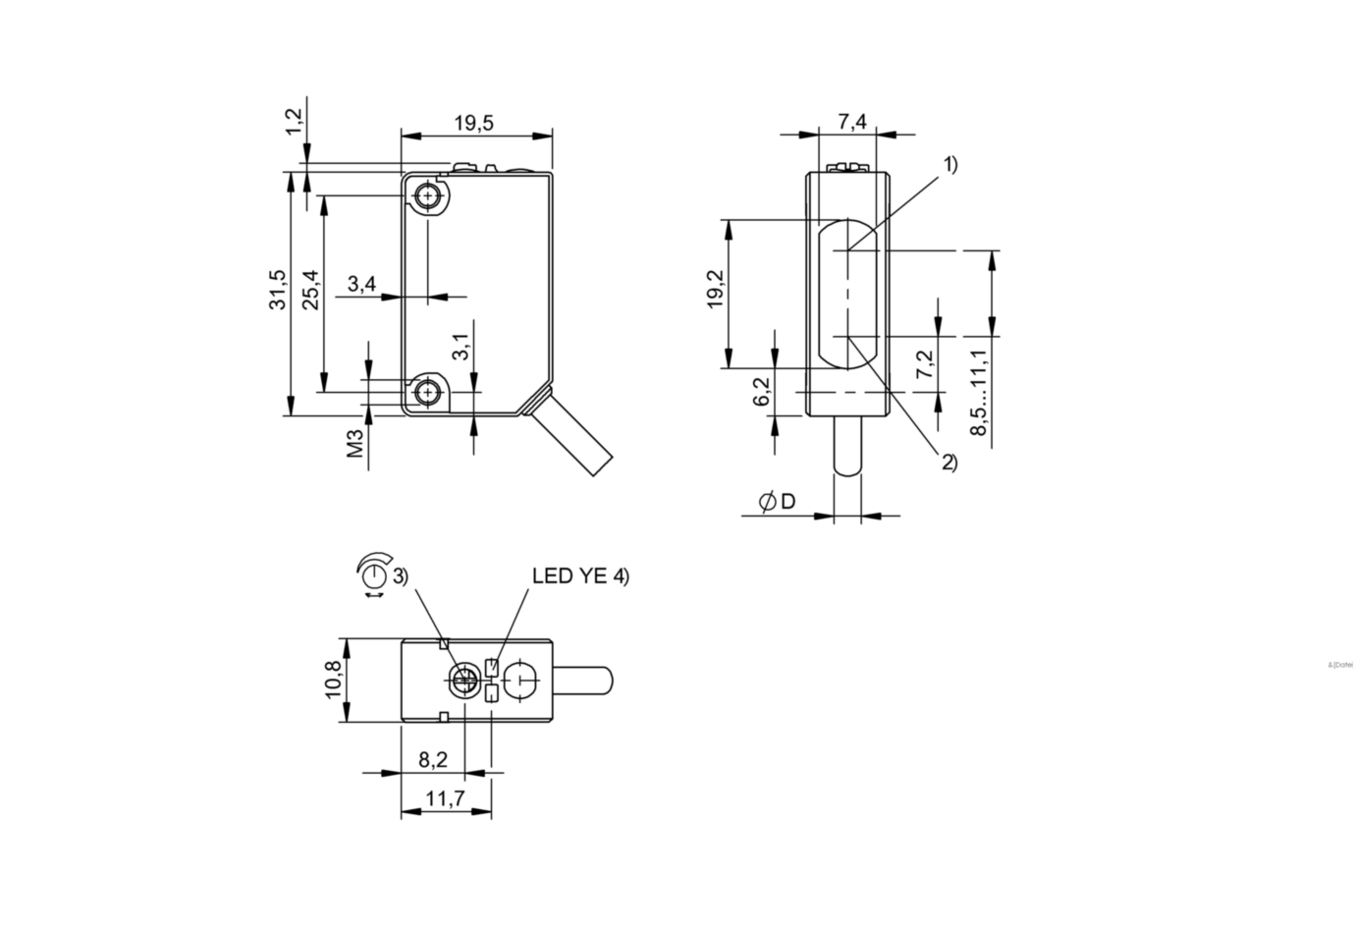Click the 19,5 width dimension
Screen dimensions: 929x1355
474,123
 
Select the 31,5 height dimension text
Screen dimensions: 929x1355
279,290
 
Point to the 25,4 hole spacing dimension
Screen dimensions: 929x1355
310,290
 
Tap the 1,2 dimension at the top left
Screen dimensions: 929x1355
294,122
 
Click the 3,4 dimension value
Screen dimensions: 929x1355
362,285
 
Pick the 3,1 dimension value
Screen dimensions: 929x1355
460,345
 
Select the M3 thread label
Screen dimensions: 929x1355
355,443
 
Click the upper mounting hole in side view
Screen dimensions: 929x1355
427,197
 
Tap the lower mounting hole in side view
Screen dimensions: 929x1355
427,393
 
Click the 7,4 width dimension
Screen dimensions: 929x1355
852,122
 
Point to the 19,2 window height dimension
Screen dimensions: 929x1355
715,291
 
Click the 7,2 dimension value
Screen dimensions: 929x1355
925,365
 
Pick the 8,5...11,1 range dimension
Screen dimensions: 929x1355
979,394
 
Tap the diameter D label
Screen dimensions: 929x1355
778,502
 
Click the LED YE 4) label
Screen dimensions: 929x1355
580,576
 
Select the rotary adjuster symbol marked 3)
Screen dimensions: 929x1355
374,576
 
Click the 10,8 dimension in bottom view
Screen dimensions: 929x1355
333,680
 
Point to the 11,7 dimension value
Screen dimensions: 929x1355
446,799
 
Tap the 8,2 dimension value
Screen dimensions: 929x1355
432,759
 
